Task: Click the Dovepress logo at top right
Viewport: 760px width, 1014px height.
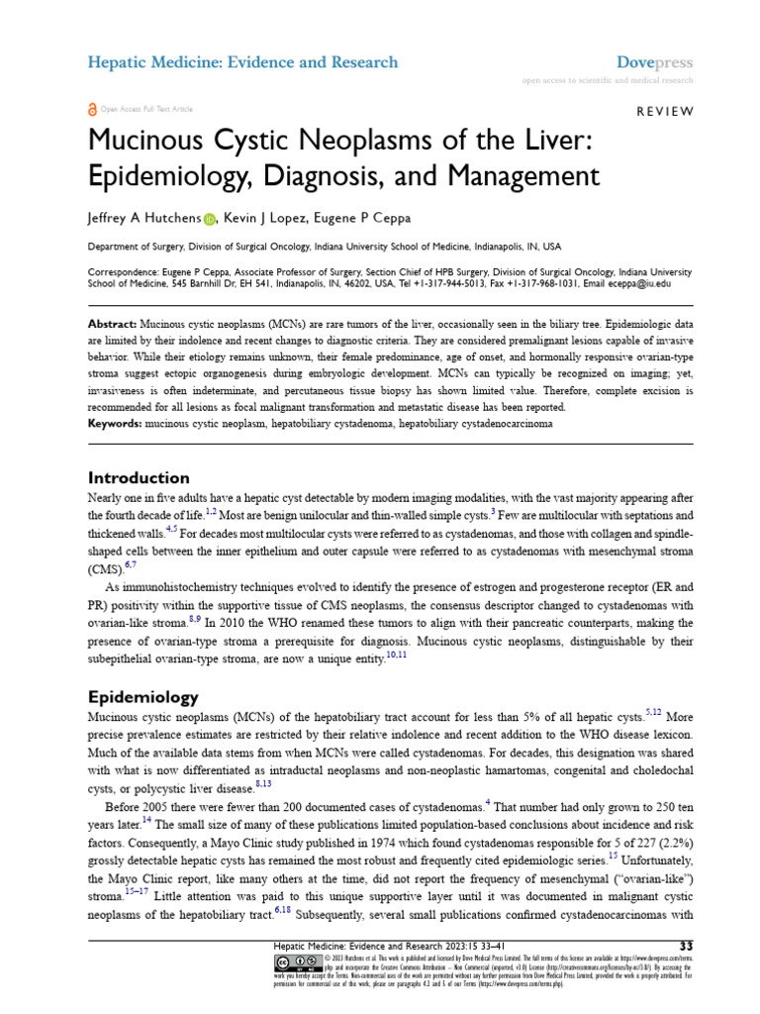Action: pyautogui.click(x=654, y=62)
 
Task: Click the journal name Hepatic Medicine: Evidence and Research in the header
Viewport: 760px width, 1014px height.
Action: pyautogui.click(x=243, y=62)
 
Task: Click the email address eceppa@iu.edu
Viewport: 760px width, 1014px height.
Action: pyautogui.click(x=641, y=283)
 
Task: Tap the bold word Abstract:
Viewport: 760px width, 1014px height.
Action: pyautogui.click(x=112, y=324)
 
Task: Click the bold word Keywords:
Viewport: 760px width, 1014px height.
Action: pyautogui.click(x=116, y=423)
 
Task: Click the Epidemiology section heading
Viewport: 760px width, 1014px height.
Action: pyautogui.click(x=143, y=696)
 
